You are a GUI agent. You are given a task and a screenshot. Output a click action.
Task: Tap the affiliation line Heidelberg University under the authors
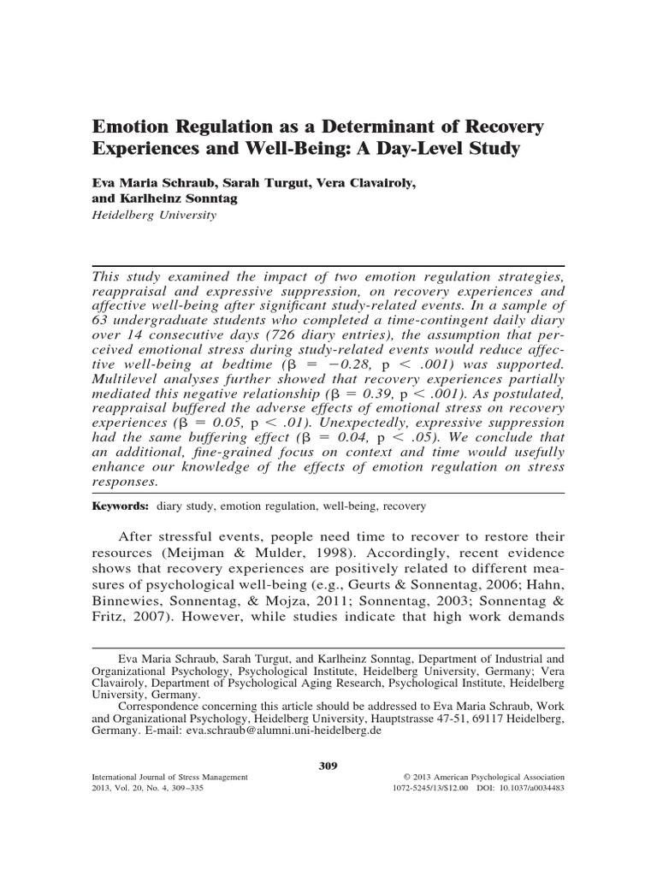click(x=153, y=216)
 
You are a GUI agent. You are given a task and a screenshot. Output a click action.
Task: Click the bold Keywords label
click(x=121, y=506)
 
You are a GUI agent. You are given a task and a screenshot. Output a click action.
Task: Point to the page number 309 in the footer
click(x=328, y=766)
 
